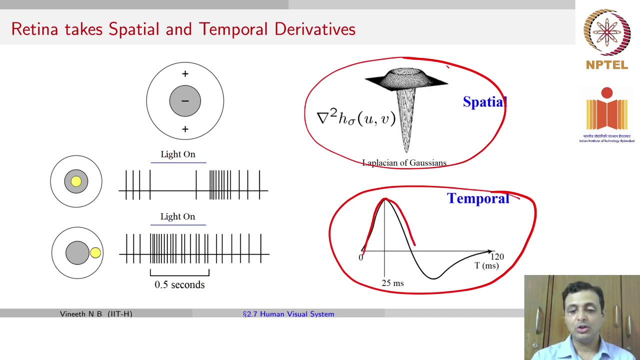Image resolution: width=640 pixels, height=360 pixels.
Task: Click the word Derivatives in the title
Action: pos(314,29)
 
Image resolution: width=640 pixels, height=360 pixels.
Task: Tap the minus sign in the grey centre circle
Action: pos(185,101)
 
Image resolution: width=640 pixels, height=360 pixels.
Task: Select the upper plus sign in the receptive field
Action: pos(185,74)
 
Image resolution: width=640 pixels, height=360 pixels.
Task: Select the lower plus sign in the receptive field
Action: pos(185,129)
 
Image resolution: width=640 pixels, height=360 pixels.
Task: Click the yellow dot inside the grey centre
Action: pos(76,181)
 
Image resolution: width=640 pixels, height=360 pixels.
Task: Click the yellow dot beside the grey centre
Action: pos(95,253)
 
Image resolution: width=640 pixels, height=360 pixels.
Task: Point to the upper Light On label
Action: pos(178,154)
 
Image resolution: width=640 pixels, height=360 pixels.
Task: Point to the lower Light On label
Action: pos(178,216)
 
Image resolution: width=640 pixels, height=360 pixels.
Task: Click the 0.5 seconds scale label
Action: pos(179,284)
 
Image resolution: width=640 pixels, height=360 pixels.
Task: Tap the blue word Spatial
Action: pos(484,102)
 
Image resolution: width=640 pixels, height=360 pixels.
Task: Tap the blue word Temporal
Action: pos(478,198)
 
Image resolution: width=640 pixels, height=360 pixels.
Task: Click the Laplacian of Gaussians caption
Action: pos(404,163)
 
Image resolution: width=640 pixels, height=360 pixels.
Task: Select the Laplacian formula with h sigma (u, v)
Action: pos(356,118)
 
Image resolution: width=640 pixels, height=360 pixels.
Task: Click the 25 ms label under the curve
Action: pos(392,283)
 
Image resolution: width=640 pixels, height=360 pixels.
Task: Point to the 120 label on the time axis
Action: pos(497,256)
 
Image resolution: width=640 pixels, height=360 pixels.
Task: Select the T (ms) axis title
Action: pos(486,265)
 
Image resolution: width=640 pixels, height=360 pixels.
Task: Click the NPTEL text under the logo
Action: pos(606,65)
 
